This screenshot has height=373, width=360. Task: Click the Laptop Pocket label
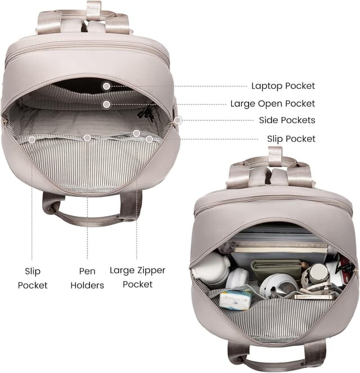click(x=283, y=86)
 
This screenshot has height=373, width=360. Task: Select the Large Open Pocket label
click(x=273, y=104)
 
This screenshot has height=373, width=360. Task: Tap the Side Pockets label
click(x=287, y=120)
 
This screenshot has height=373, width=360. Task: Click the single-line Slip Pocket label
click(x=291, y=139)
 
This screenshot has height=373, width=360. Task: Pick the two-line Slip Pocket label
click(x=33, y=278)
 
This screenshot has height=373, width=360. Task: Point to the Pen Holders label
click(x=87, y=278)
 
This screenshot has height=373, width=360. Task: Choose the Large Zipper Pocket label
click(x=137, y=277)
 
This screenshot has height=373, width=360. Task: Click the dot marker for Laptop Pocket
click(x=106, y=86)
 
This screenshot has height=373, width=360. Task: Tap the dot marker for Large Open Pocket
click(x=107, y=104)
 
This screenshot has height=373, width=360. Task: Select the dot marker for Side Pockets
click(x=178, y=120)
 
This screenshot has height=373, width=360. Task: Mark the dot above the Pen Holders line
click(x=87, y=137)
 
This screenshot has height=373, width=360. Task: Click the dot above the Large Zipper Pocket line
click(x=136, y=133)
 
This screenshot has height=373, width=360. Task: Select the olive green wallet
click(x=276, y=269)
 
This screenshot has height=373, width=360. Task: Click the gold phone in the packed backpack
click(x=315, y=296)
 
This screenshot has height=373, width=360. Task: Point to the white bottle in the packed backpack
click(x=211, y=267)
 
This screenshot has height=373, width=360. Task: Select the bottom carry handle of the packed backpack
click(x=276, y=357)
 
